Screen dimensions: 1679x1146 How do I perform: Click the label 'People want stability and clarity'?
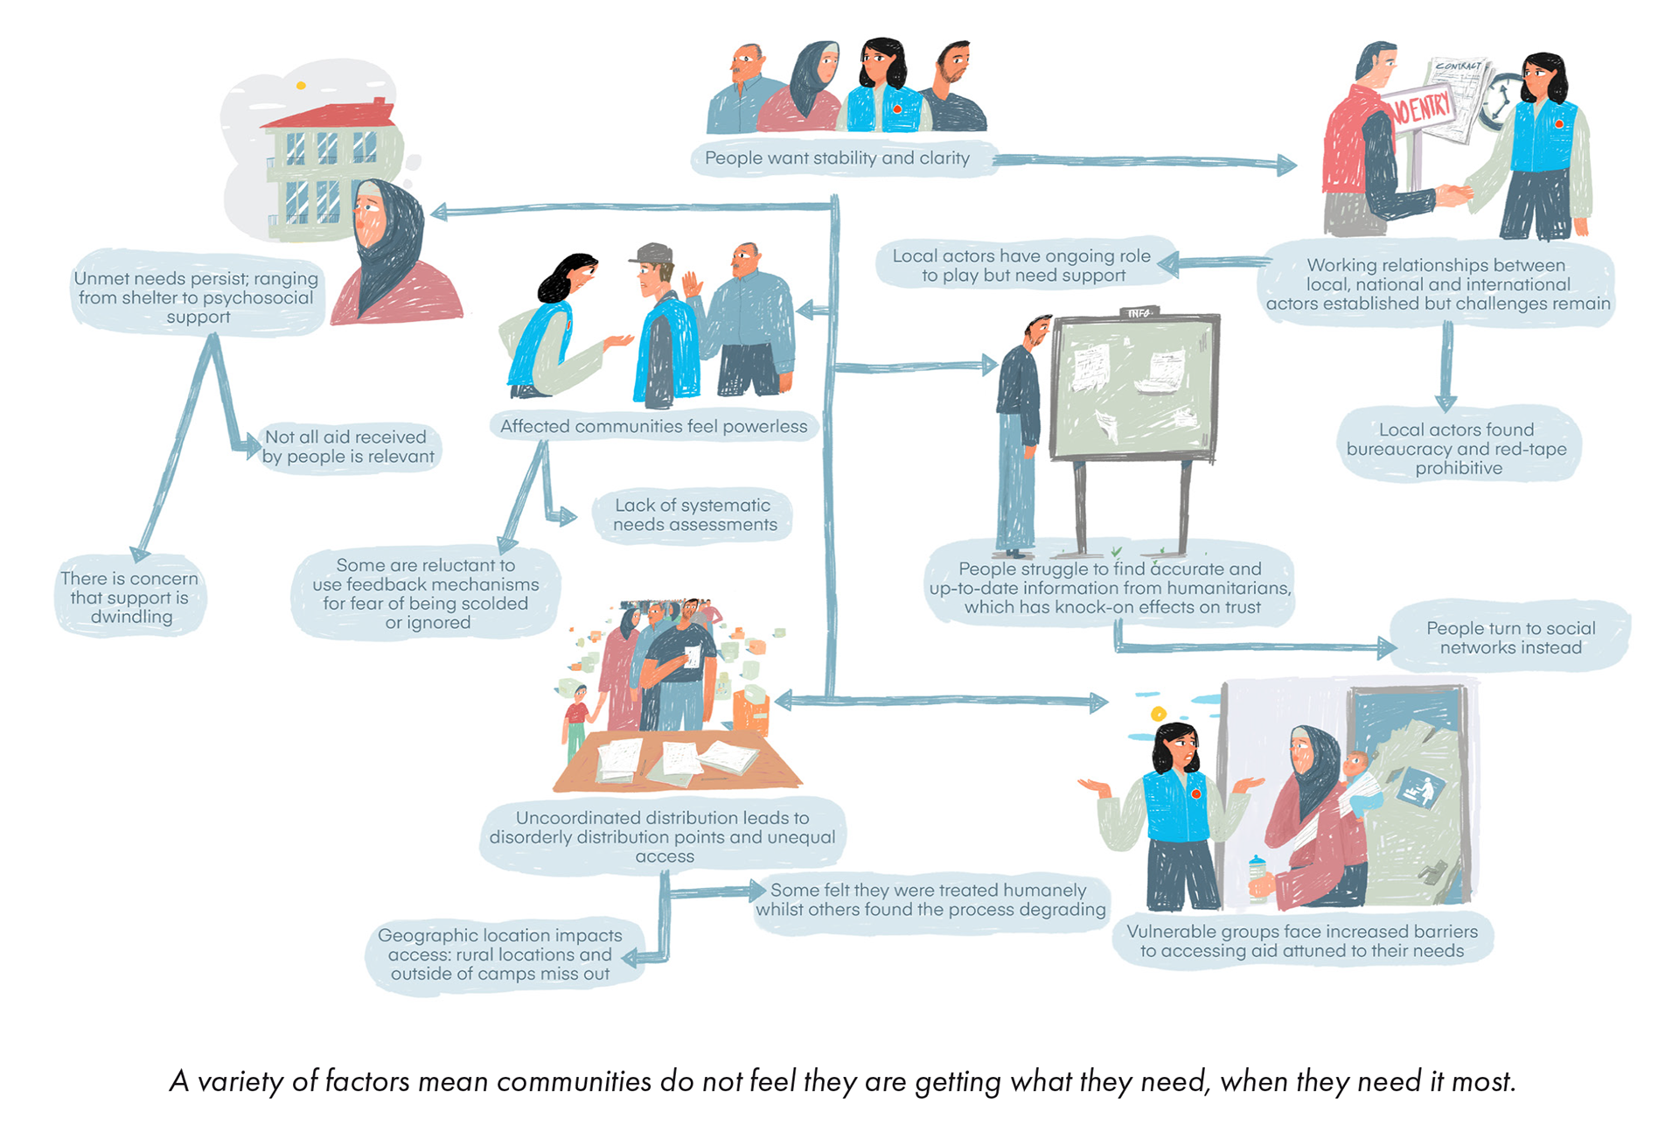(x=837, y=158)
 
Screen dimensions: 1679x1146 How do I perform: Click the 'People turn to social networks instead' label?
(x=1510, y=638)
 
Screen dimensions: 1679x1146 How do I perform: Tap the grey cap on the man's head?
(x=651, y=254)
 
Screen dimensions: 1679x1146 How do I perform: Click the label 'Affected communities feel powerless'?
(x=653, y=427)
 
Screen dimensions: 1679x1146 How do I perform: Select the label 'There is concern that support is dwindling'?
(x=130, y=597)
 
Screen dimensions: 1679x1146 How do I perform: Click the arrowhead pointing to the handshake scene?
(x=1285, y=164)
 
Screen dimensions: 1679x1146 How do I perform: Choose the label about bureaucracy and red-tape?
(x=1457, y=449)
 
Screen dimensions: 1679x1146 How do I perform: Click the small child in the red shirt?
(x=575, y=713)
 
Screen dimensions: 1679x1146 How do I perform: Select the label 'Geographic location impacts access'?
(x=500, y=954)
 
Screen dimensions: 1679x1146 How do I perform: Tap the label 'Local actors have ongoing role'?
(x=1021, y=265)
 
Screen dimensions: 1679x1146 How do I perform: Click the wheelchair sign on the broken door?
(x=1418, y=787)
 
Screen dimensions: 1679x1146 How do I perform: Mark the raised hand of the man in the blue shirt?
(x=693, y=284)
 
